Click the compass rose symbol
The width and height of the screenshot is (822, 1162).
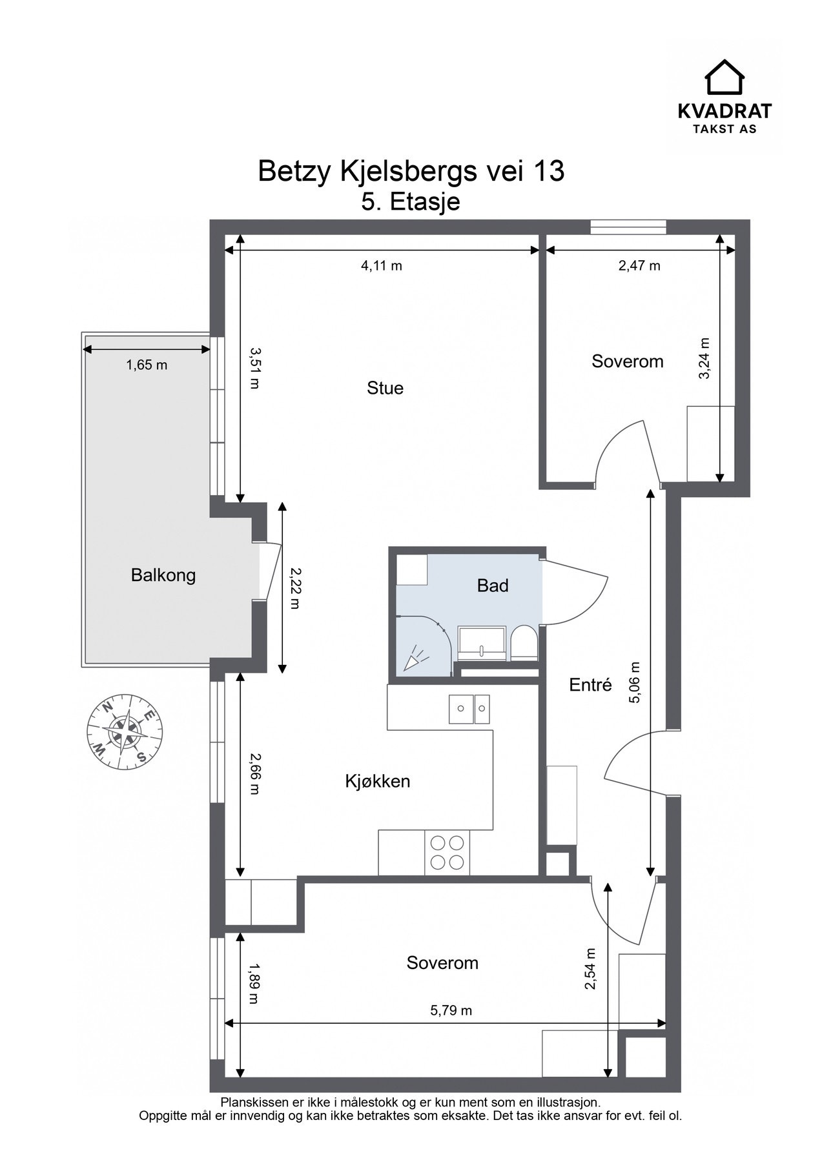(125, 731)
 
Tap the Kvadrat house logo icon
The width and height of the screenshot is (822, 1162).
(724, 77)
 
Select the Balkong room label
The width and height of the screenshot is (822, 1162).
(163, 575)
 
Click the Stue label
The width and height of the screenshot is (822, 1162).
(385, 388)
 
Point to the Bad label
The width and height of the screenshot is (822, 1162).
(493, 586)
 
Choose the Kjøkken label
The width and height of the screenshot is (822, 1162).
(378, 781)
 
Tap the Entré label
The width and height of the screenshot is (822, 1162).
(590, 684)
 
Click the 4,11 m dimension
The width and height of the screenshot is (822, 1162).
(381, 265)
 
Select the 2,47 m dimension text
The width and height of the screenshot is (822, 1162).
(639, 265)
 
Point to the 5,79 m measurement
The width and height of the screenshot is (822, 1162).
(451, 1010)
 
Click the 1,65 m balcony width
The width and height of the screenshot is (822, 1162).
(147, 365)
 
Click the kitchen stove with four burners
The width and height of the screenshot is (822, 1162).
(447, 852)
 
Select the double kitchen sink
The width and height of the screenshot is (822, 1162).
(469, 708)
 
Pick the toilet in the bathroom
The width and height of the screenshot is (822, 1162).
(523, 643)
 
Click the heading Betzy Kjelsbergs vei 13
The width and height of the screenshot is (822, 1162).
(411, 172)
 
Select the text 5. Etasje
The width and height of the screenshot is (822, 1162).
(411, 201)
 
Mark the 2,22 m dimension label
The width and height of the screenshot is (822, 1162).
(294, 588)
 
